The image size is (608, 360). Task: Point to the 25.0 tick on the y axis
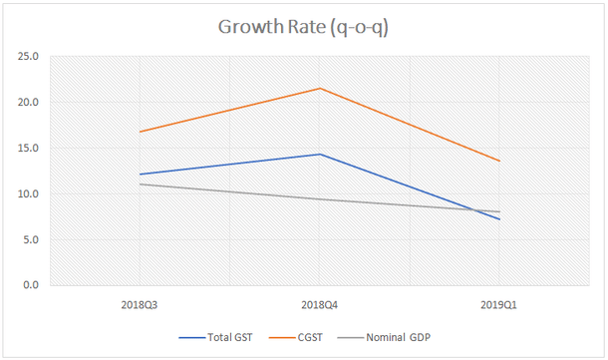[27, 57]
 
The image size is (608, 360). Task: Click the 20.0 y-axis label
[27, 103]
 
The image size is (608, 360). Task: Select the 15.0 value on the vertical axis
[27, 149]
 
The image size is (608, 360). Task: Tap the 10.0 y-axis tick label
[27, 194]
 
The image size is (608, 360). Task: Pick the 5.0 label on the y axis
[30, 240]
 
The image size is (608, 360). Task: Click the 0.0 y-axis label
[30, 286]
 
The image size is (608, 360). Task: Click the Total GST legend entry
[220, 336]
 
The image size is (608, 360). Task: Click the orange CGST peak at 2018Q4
[319, 89]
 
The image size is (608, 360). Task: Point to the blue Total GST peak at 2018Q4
[319, 154]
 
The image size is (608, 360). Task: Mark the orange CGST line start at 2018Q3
[140, 132]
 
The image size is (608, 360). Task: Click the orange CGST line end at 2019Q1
[499, 161]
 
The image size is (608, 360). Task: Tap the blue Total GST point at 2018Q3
[140, 175]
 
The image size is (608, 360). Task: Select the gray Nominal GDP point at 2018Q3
[140, 183]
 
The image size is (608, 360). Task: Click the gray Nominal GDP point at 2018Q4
[319, 199]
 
